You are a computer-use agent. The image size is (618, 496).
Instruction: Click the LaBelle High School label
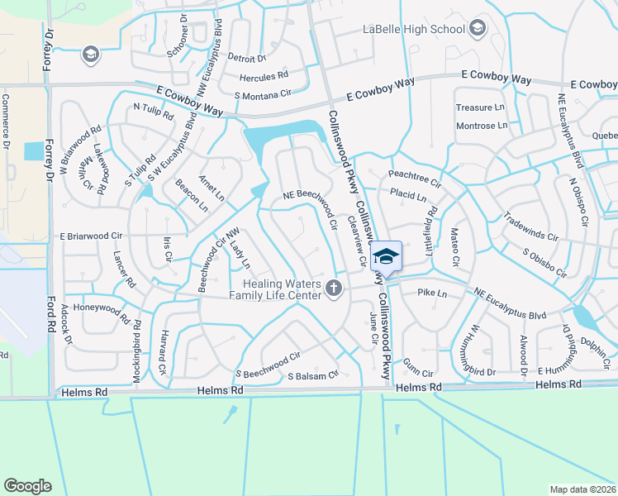(x=414, y=30)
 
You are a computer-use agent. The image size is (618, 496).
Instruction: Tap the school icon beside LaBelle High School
(x=478, y=30)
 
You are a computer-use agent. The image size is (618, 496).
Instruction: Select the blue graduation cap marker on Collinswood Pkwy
(x=385, y=256)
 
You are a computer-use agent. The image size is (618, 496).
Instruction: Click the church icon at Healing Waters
(x=334, y=288)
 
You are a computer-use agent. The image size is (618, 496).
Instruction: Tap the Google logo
(x=27, y=485)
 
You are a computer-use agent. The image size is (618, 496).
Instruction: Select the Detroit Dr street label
(x=246, y=59)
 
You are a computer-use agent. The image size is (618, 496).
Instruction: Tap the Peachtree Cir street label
(x=415, y=175)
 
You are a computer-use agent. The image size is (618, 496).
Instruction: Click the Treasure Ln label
(x=480, y=107)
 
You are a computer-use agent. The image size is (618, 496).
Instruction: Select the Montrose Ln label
(x=482, y=126)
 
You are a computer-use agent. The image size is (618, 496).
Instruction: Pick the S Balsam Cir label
(x=313, y=375)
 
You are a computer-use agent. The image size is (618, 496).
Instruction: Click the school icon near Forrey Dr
(x=90, y=55)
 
